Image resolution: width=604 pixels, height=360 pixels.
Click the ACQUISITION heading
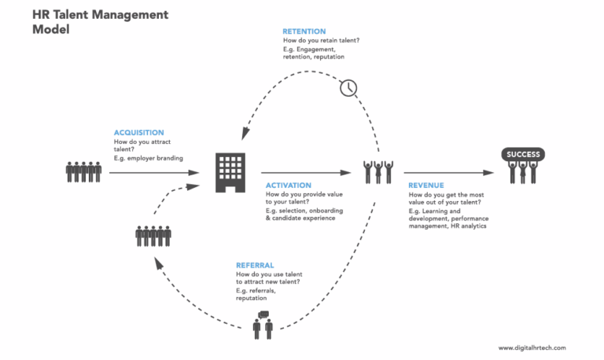(138, 133)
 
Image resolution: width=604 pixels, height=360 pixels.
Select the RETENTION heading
(304, 31)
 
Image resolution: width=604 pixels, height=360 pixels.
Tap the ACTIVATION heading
(289, 186)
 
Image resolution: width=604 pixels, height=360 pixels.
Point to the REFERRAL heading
(256, 266)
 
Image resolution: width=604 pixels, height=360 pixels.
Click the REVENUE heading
(427, 186)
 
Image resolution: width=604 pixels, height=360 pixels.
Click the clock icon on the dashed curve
(348, 87)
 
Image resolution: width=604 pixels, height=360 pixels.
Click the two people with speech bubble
(263, 325)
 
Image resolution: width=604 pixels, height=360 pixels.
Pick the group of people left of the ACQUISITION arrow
(83, 171)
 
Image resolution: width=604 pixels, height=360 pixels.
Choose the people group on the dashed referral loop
(153, 235)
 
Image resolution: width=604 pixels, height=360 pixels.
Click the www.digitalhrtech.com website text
(532, 347)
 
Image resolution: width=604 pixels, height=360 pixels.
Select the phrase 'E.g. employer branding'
(148, 158)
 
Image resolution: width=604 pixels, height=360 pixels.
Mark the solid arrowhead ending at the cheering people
(347, 171)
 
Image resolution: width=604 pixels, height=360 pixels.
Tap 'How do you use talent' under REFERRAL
(268, 274)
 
